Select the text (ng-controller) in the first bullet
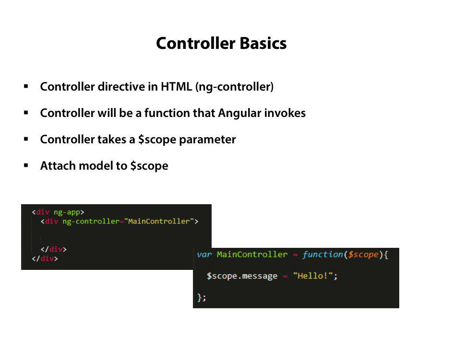pos(235,87)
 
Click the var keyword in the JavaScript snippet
pos(204,255)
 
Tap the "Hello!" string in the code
pos(315,276)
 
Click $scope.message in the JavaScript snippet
pos(242,276)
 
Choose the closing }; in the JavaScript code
pos(202,297)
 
